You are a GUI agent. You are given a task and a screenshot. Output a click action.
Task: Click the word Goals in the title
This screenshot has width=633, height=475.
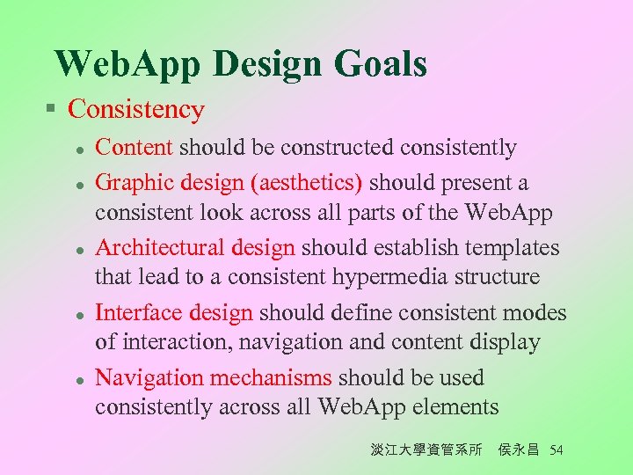pyautogui.click(x=382, y=64)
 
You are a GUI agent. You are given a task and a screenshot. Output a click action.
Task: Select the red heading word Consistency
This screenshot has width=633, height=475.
pyautogui.click(x=136, y=110)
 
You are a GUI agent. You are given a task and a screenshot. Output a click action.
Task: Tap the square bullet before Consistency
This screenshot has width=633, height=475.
pyautogui.click(x=52, y=110)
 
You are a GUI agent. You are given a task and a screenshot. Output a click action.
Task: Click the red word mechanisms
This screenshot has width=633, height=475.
pyautogui.click(x=278, y=378)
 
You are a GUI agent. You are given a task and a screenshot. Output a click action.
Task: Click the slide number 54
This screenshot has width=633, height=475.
pyautogui.click(x=555, y=450)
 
